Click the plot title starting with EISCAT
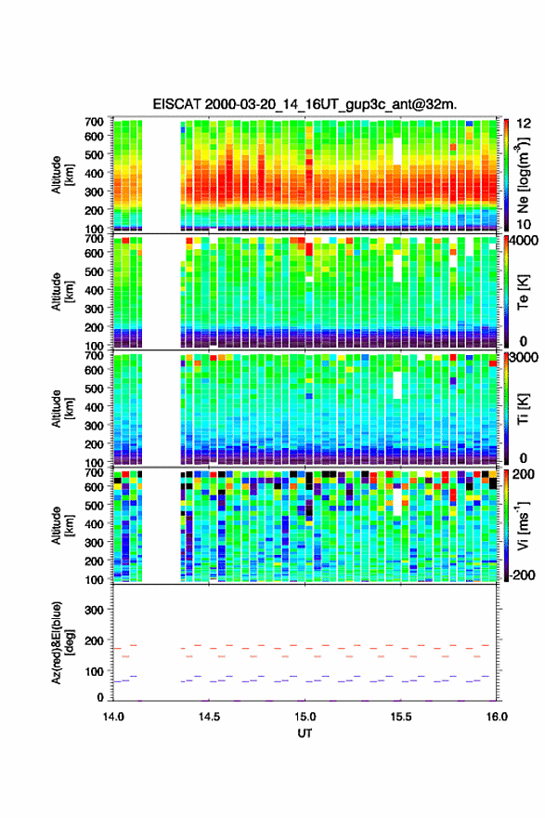(305, 104)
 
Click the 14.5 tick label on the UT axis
(209, 717)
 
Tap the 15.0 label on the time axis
(305, 717)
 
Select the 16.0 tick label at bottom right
(497, 717)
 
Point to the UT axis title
(305, 733)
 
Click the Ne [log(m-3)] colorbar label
(523, 176)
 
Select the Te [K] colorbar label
(523, 292)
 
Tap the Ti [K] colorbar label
(523, 409)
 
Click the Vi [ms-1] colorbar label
(523, 525)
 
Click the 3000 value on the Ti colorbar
(524, 358)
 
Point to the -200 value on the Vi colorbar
(521, 574)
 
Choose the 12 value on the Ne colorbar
(524, 124)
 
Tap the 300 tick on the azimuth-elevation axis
(95, 610)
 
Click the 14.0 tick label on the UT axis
(113, 717)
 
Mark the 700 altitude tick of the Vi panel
(95, 472)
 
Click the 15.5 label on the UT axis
(401, 717)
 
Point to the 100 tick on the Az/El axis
(95, 671)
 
